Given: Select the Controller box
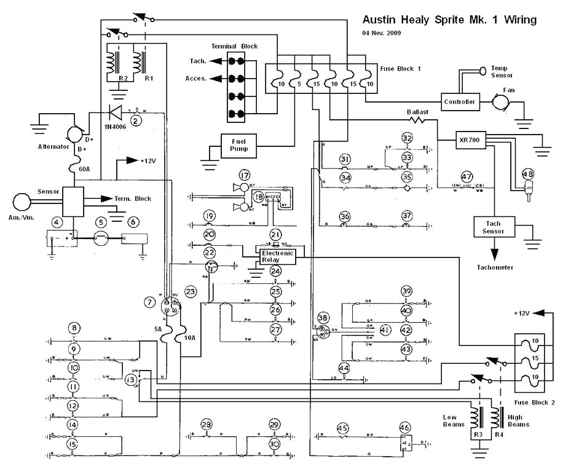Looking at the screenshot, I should coord(460,101).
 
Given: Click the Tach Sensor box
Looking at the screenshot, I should coord(494,228).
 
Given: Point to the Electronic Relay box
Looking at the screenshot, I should coord(278,256).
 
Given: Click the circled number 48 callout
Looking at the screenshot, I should coord(528,175).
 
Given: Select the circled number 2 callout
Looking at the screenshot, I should coord(136,121).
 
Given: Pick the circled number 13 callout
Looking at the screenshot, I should coord(130,380).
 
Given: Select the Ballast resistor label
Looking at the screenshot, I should coord(417,112).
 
